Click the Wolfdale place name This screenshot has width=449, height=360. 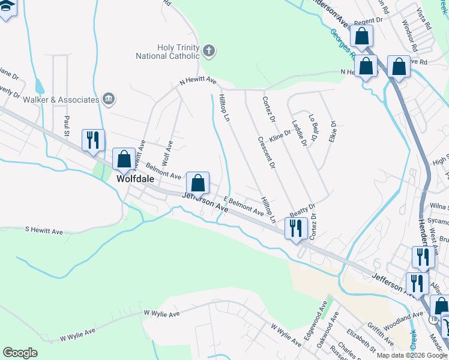coord(135,179)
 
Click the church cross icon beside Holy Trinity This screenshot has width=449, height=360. coord(209,50)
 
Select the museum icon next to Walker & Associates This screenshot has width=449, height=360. coord(109,99)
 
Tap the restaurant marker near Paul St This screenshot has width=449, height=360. coord(93,140)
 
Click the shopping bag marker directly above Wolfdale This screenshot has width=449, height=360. coord(124,160)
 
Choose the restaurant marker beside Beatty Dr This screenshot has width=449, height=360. coord(296,229)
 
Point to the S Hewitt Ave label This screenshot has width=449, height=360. coord(44,231)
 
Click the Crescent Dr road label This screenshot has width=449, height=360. coord(267,152)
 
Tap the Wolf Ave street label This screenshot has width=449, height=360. coord(167,154)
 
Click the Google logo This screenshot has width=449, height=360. coord(20,352)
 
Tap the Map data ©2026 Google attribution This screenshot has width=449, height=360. coord(412,355)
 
